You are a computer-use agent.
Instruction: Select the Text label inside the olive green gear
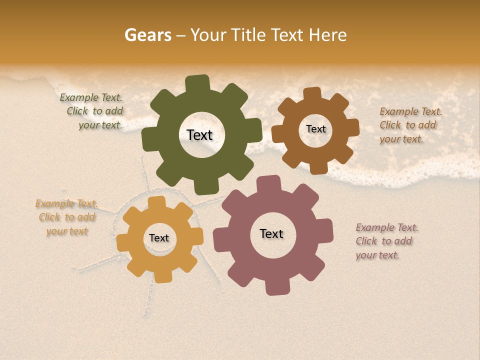(x=199, y=135)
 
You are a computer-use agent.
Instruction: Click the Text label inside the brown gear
(x=315, y=129)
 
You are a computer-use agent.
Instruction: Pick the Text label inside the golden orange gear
(x=159, y=238)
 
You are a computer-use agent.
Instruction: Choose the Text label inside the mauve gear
(x=271, y=233)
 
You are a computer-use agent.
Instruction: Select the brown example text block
(x=410, y=125)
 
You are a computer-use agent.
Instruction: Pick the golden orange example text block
(x=67, y=217)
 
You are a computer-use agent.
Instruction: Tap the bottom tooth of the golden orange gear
(x=162, y=276)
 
